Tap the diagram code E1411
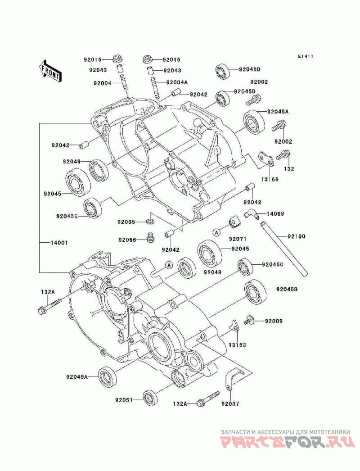pos(306,56)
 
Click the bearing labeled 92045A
pos(254,122)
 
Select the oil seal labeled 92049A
pos(107,377)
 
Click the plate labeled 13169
pos(266,159)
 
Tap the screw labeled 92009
pos(249,320)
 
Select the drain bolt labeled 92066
pos(150,237)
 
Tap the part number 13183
pos(237,345)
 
